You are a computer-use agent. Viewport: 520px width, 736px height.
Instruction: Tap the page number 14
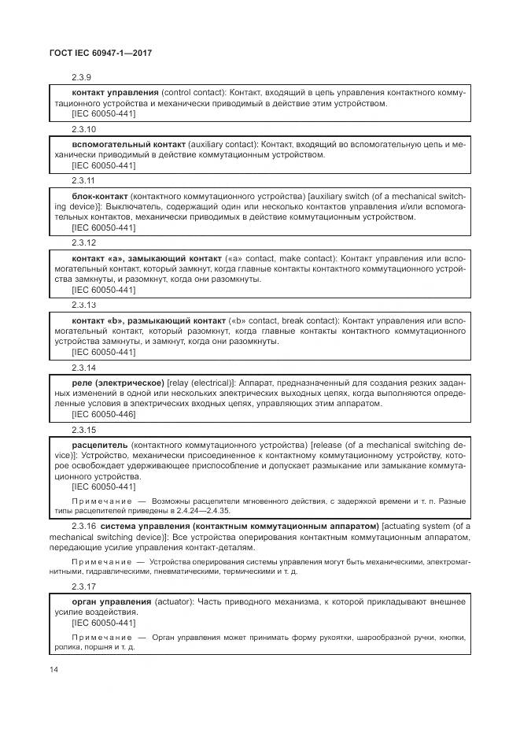click(53, 669)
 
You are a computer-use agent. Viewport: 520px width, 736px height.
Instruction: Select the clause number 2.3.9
click(81, 78)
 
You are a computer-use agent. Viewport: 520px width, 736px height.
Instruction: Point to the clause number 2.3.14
click(83, 367)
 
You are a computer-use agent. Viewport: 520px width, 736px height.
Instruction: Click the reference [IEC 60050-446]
click(103, 414)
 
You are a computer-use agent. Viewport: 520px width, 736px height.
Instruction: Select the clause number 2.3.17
click(83, 586)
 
